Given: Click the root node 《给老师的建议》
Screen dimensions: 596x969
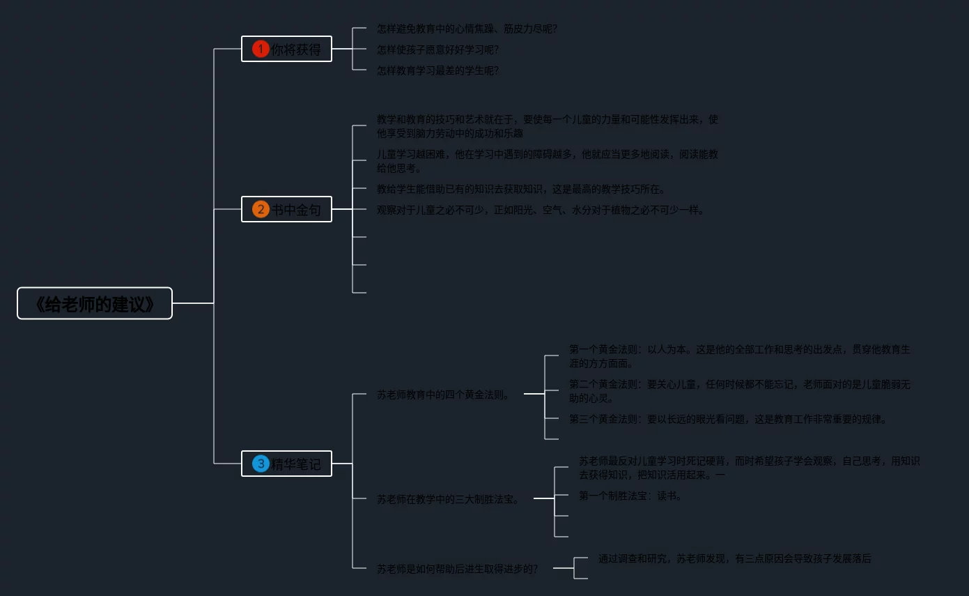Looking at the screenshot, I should pyautogui.click(x=95, y=303).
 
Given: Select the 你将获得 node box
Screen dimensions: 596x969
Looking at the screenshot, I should pyautogui.click(x=286, y=49).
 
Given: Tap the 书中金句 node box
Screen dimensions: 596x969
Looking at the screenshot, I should pyautogui.click(x=286, y=209).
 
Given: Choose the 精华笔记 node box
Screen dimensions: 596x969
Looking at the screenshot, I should pyautogui.click(x=286, y=464).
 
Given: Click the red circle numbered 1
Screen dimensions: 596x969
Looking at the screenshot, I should pyautogui.click(x=261, y=49).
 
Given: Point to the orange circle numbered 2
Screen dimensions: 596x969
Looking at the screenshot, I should pyautogui.click(x=261, y=209).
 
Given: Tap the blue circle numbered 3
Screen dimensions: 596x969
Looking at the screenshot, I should pyautogui.click(x=261, y=464).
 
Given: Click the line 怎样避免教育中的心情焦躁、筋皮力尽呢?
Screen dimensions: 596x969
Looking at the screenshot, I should pyautogui.click(x=467, y=29).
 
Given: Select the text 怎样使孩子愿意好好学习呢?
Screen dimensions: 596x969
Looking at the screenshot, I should pyautogui.click(x=437, y=49).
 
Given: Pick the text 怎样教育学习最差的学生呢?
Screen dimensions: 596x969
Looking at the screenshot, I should pyautogui.click(x=437, y=70).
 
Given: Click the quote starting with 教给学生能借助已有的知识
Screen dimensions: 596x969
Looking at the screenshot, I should pyautogui.click(x=521, y=189).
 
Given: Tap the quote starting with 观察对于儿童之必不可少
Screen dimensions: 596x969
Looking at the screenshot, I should pyautogui.click(x=541, y=210).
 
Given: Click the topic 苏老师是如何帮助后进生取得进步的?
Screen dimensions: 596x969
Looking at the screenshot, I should pyautogui.click(x=457, y=569).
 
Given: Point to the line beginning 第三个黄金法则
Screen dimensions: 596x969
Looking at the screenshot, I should pyautogui.click(x=729, y=419).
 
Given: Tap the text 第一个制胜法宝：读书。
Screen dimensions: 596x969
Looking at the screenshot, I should pyautogui.click(x=630, y=496).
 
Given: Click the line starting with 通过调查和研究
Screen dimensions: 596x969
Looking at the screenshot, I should pyautogui.click(x=734, y=558).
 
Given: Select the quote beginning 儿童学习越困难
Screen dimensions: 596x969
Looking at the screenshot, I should pyautogui.click(x=547, y=161).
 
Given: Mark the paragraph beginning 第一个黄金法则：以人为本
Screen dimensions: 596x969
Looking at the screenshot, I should pyautogui.click(x=739, y=356).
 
